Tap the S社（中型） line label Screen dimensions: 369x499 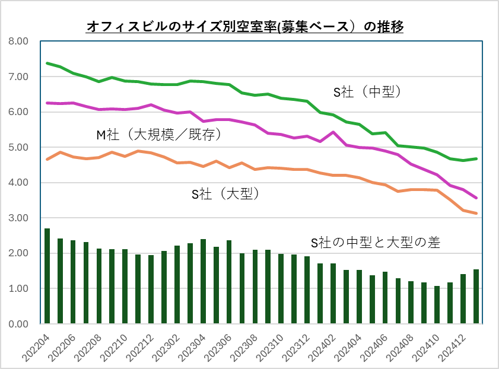coord(367,92)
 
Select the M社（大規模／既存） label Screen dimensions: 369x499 coord(159,135)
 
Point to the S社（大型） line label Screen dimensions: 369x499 coord(225,193)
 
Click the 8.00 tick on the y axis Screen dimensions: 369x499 coord(18,42)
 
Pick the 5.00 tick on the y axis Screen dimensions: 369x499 coord(18,147)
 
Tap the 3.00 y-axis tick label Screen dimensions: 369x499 coord(18,218)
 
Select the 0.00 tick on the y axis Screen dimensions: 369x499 coord(18,324)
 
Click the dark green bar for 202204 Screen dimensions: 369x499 coord(47,276)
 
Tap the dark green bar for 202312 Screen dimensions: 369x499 coord(307,290)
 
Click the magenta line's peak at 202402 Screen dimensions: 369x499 coord(333,132)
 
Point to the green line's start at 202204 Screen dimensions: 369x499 coord(47,63)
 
